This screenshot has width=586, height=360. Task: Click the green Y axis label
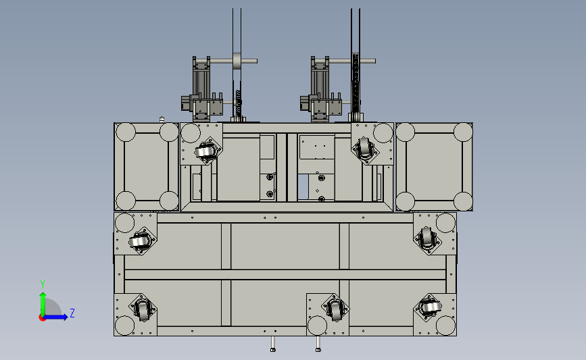pos(43,284)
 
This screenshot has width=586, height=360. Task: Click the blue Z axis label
pos(72,313)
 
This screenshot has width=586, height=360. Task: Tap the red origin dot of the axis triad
pos(42,317)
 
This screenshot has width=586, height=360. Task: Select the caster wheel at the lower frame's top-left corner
pos(139,241)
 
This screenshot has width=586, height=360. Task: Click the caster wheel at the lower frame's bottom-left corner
pos(143,309)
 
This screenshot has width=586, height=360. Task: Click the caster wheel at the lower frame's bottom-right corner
pos(430,308)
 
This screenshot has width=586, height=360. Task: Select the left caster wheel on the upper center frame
pos(205,151)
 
